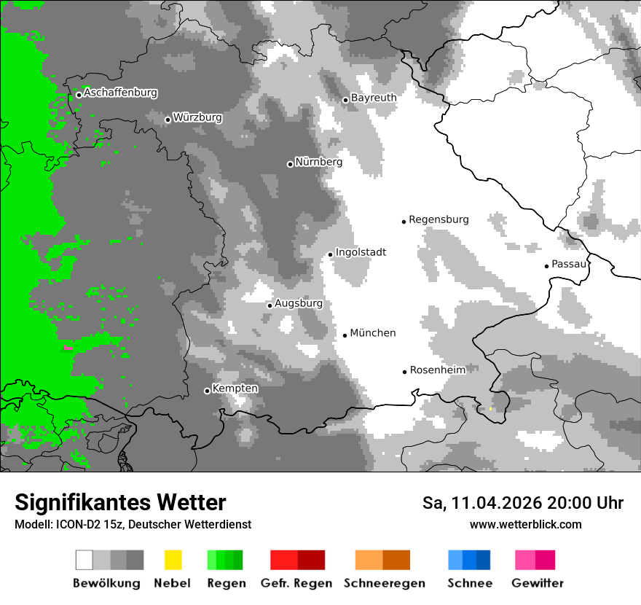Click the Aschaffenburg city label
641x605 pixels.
pyautogui.click(x=120, y=93)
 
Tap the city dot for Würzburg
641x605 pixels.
pyautogui.click(x=168, y=120)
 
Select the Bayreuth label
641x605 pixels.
pyautogui.click(x=374, y=98)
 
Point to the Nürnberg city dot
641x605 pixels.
pyautogui.click(x=290, y=164)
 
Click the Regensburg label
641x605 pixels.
pyautogui.click(x=439, y=219)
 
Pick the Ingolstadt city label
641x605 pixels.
pyautogui.click(x=361, y=252)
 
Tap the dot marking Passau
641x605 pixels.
pyautogui.click(x=546, y=266)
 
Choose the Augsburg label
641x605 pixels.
pyautogui.click(x=299, y=303)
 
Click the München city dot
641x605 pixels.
pyautogui.click(x=345, y=335)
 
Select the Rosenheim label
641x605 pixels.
pyautogui.click(x=438, y=370)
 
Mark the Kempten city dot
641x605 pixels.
pyautogui.click(x=207, y=391)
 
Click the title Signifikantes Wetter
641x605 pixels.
pyautogui.click(x=120, y=503)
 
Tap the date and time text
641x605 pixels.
pyautogui.click(x=523, y=503)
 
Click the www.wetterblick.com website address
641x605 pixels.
pyautogui.click(x=525, y=525)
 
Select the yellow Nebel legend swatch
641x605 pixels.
pyautogui.click(x=173, y=560)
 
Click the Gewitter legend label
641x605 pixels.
pyautogui.click(x=538, y=583)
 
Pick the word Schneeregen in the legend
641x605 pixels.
pyautogui.click(x=385, y=583)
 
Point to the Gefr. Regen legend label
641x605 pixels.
pyautogui.click(x=296, y=583)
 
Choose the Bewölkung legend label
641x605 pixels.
pyautogui.click(x=106, y=583)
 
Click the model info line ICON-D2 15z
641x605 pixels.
pyautogui.click(x=133, y=525)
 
